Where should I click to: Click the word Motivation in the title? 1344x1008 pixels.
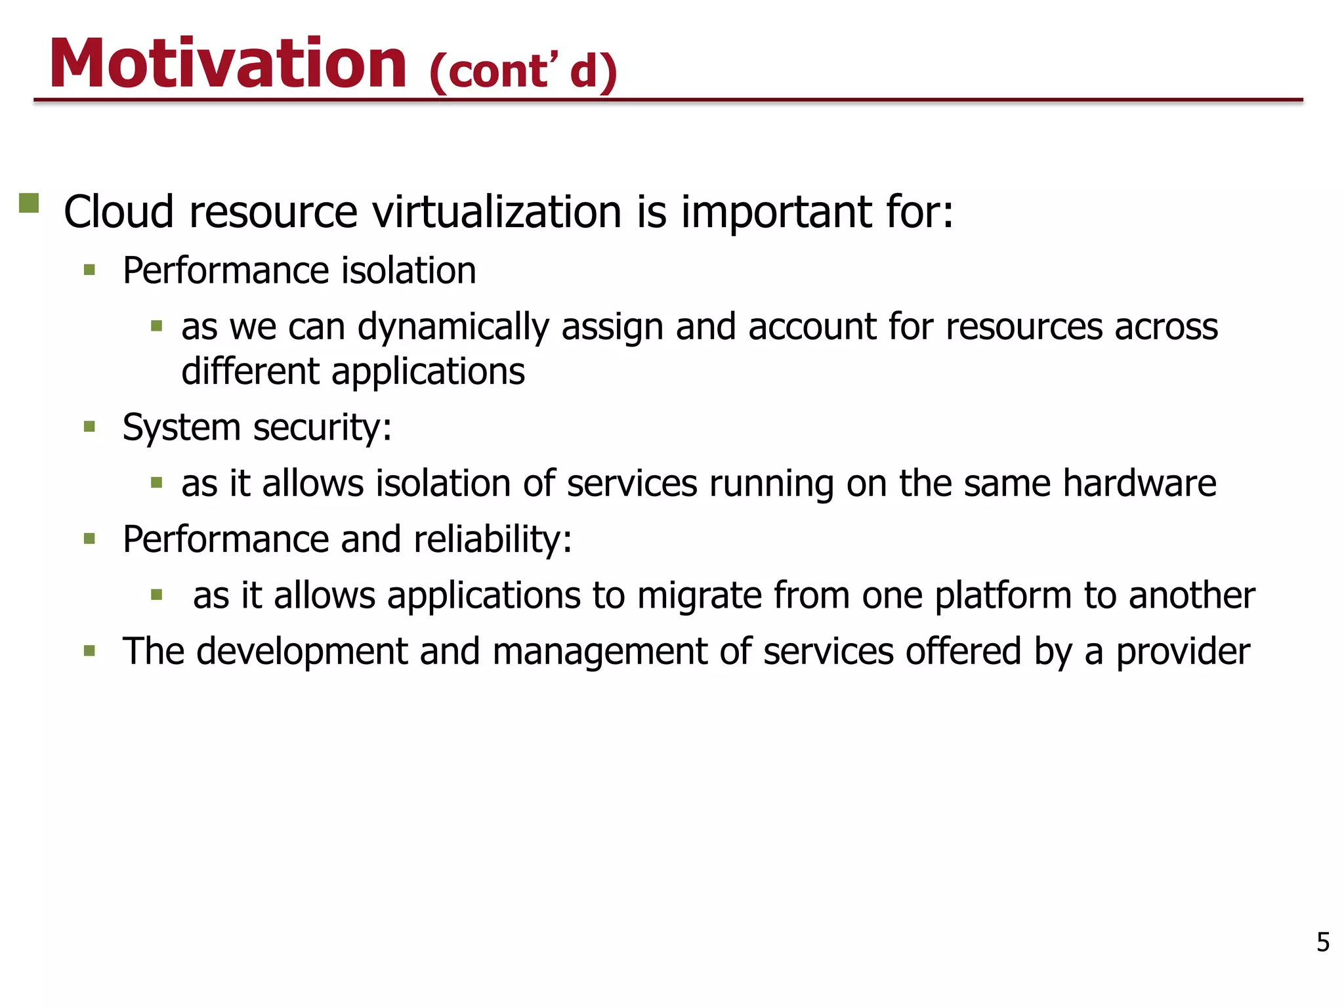(x=228, y=64)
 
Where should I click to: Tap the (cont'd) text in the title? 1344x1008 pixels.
(x=523, y=70)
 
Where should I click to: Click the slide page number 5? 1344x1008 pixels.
(x=1323, y=942)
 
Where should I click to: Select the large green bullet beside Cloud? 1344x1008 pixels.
(x=29, y=203)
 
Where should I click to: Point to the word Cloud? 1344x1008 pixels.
(x=119, y=212)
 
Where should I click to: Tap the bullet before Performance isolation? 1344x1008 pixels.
(x=90, y=270)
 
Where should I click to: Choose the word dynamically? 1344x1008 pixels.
(x=453, y=327)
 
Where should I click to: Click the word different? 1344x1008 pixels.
(x=250, y=371)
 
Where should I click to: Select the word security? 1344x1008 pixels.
(x=322, y=428)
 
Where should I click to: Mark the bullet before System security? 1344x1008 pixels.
(x=90, y=427)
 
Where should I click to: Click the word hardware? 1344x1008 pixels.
(x=1139, y=483)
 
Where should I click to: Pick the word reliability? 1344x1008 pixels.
(x=493, y=539)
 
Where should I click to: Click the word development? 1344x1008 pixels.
(x=302, y=652)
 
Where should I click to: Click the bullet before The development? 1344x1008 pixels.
(x=90, y=652)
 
